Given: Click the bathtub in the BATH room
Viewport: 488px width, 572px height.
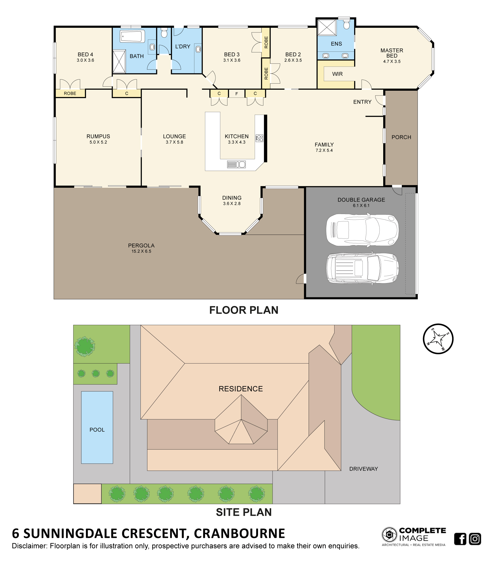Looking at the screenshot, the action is tap(132, 36).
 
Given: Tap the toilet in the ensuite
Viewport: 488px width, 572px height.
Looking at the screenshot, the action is tap(346, 24).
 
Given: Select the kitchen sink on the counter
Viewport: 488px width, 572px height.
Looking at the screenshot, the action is tap(236, 164).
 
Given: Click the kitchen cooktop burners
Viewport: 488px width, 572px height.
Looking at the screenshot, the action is tap(259, 138).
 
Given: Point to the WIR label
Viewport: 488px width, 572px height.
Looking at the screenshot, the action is tap(337, 74).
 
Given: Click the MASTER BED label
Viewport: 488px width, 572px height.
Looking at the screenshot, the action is tap(392, 53).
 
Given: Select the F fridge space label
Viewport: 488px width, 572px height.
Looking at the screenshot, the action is tap(237, 94).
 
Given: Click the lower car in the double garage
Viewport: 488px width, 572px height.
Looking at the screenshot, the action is tap(362, 268).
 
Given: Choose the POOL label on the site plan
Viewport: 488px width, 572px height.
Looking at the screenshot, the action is tap(97, 430).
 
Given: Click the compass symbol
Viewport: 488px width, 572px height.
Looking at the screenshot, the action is tap(438, 339).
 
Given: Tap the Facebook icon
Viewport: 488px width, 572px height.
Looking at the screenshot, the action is tap(460, 539).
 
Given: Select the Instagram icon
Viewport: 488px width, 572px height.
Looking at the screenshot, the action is tap(475, 539).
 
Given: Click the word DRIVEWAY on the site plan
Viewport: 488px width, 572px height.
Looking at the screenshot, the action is tap(363, 469).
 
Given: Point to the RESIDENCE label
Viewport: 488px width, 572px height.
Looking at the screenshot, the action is tap(240, 389).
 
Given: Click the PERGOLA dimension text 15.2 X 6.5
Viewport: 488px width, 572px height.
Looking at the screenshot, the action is tap(142, 251).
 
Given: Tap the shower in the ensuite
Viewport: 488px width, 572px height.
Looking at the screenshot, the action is tap(327, 27).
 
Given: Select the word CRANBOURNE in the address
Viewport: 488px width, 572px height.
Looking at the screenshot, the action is tap(239, 533).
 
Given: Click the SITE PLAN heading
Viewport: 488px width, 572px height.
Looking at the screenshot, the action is tap(244, 512).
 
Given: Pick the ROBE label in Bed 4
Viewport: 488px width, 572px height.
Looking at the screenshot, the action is tap(70, 93).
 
